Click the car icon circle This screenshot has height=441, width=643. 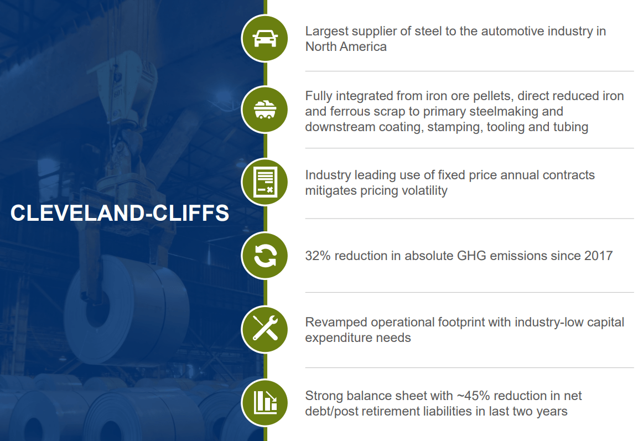265,39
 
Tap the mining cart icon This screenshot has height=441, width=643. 265,110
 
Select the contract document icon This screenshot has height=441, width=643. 265,182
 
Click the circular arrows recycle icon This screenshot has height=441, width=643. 265,256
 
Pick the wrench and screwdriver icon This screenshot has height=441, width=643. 265,329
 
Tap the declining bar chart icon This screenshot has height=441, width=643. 265,402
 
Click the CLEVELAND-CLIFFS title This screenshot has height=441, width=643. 120,213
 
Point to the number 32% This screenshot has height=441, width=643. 318,256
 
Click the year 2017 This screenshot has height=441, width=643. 597,256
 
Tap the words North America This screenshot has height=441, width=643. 346,46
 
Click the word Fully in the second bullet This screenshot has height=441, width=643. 319,96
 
